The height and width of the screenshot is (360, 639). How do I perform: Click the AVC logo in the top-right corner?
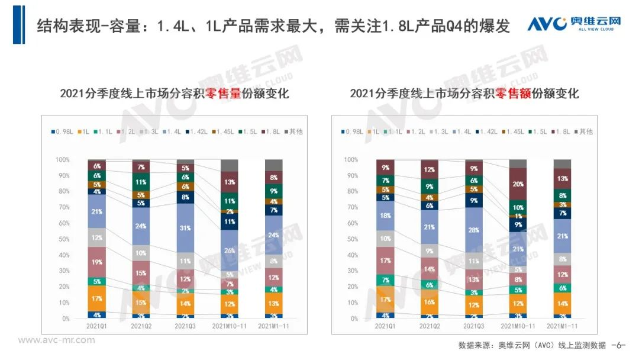573,24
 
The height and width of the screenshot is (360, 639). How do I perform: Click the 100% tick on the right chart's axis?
351,160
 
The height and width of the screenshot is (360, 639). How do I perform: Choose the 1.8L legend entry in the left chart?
272,131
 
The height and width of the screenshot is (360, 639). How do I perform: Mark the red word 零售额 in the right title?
513,94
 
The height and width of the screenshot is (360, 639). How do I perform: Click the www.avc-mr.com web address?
56,340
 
